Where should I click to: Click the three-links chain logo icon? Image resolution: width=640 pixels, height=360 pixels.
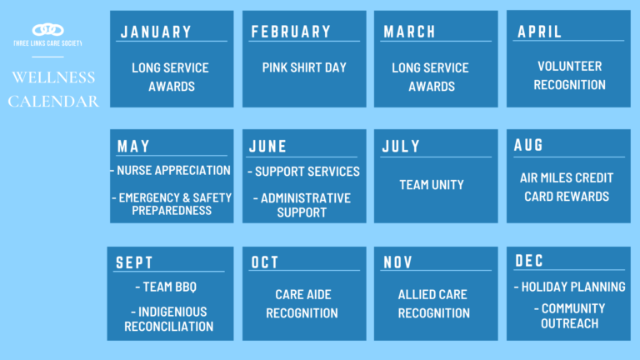[48, 30]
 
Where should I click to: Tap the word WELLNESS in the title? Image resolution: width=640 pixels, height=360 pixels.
[53, 77]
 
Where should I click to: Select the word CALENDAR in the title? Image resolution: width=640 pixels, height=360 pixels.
[53, 101]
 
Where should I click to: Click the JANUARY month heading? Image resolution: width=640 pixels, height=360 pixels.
[156, 32]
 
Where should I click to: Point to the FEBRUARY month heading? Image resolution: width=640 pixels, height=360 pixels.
[291, 32]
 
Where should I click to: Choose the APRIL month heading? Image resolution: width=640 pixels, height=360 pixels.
[540, 32]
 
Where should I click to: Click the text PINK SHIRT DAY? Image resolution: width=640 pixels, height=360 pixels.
[304, 67]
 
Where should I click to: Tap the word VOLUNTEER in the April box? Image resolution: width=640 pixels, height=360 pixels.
[569, 66]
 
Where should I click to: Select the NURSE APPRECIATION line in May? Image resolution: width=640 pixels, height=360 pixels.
[173, 170]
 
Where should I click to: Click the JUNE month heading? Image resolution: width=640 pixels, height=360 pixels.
[267, 146]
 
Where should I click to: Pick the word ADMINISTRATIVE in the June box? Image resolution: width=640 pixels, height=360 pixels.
[306, 198]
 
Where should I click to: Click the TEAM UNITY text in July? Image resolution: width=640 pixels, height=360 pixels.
[432, 185]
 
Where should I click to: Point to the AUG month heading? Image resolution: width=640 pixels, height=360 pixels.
[528, 145]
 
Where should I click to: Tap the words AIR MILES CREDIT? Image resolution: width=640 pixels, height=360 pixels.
[567, 178]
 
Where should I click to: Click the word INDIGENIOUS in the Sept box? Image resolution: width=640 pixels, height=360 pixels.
[172, 312]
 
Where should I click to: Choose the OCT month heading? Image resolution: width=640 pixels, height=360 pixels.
[264, 262]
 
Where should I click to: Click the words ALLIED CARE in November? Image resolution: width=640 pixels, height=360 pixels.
[432, 294]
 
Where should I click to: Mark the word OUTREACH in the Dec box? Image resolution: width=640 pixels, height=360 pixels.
[569, 323]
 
